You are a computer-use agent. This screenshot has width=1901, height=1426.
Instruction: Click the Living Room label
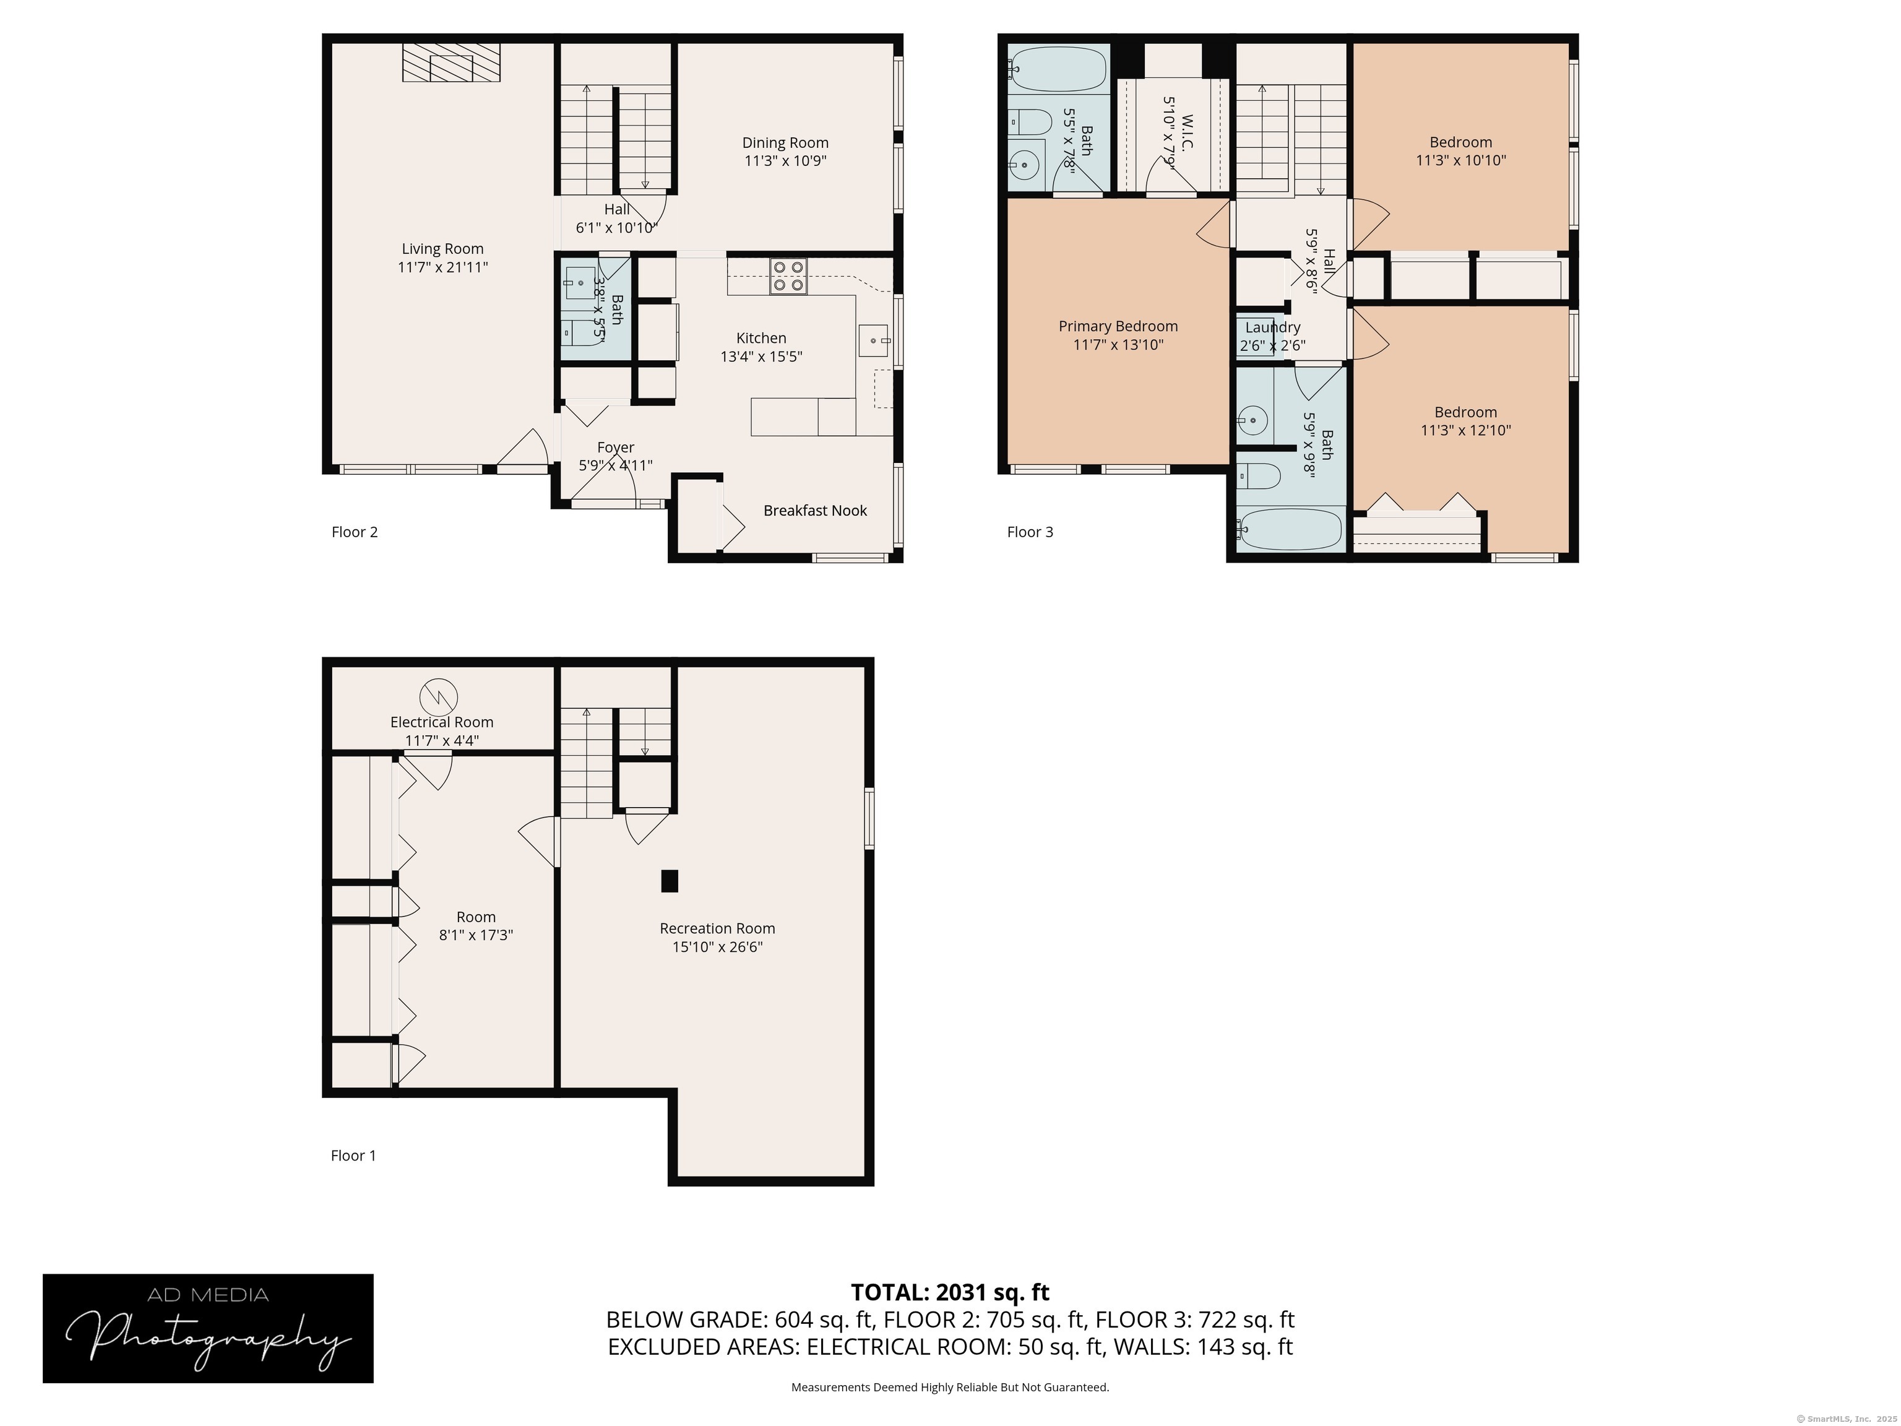click(442, 249)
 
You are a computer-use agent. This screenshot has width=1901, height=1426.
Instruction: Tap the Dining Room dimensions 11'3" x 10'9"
click(785, 161)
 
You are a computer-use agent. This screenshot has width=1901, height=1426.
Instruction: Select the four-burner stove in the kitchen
click(789, 276)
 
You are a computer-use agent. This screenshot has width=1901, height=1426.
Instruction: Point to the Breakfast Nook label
click(816, 511)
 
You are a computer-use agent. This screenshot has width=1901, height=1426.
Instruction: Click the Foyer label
click(615, 447)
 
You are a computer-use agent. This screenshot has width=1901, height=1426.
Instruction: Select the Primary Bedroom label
click(1118, 327)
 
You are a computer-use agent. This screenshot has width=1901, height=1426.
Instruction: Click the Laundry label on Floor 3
click(1273, 327)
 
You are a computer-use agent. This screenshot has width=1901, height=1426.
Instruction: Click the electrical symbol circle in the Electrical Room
click(438, 696)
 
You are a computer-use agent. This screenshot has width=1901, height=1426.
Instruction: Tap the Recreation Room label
click(718, 928)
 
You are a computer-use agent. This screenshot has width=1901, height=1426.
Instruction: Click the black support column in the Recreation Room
click(670, 881)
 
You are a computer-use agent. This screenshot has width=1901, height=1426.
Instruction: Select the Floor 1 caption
click(353, 1156)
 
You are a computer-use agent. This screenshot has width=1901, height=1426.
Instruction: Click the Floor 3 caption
click(1030, 532)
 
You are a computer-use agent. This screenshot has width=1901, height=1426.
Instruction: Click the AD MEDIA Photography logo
click(208, 1328)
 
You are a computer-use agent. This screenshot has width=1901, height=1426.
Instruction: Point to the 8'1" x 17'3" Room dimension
click(476, 935)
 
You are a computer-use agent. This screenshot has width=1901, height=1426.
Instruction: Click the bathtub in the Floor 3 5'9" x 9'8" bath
click(1289, 529)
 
